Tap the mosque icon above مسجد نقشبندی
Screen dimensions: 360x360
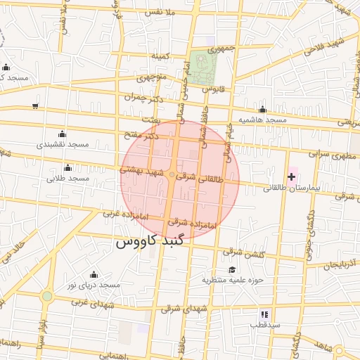pos(62,134)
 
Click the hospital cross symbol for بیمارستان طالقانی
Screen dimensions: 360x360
pos(292,176)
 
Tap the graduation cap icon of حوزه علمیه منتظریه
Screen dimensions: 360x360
pos(232,269)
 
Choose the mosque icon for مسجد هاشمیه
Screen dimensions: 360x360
pos(262,109)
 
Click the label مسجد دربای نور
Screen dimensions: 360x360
pos(94,285)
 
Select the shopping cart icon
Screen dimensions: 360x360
pos(35,106)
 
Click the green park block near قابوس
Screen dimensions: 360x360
pos(203,67)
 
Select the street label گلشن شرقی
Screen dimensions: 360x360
pos(243,252)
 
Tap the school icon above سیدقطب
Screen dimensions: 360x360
pos(264,314)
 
